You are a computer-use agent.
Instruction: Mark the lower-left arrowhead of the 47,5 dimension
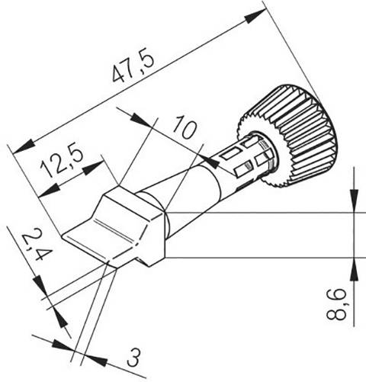coord(23,144)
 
